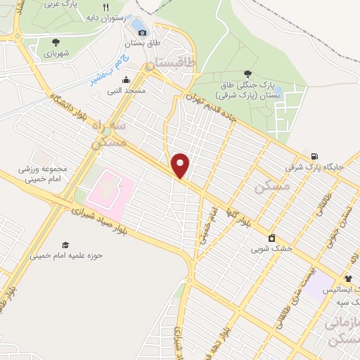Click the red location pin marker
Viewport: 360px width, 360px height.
click(x=181, y=165)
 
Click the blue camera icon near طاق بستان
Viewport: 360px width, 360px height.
click(x=142, y=31)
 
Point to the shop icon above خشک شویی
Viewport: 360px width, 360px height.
click(x=271, y=237)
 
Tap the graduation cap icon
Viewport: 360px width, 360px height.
click(x=65, y=245)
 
